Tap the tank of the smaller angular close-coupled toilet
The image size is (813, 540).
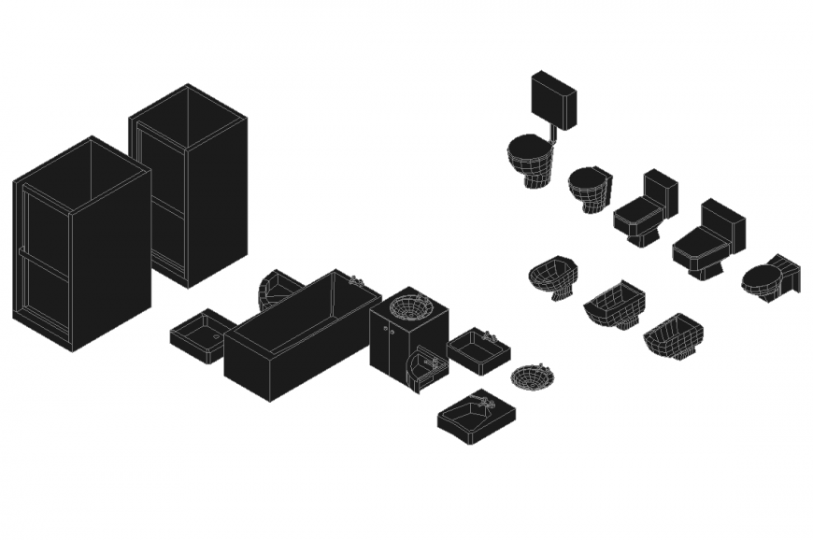point(661,191)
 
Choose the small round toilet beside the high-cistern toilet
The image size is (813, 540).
point(589,187)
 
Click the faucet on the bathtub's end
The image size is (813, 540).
point(355,279)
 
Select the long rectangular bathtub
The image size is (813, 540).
point(301,334)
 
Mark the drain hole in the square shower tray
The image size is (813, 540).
point(216,332)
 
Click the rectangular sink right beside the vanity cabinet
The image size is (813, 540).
point(478,350)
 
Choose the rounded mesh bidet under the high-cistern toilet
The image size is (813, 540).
point(552,277)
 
